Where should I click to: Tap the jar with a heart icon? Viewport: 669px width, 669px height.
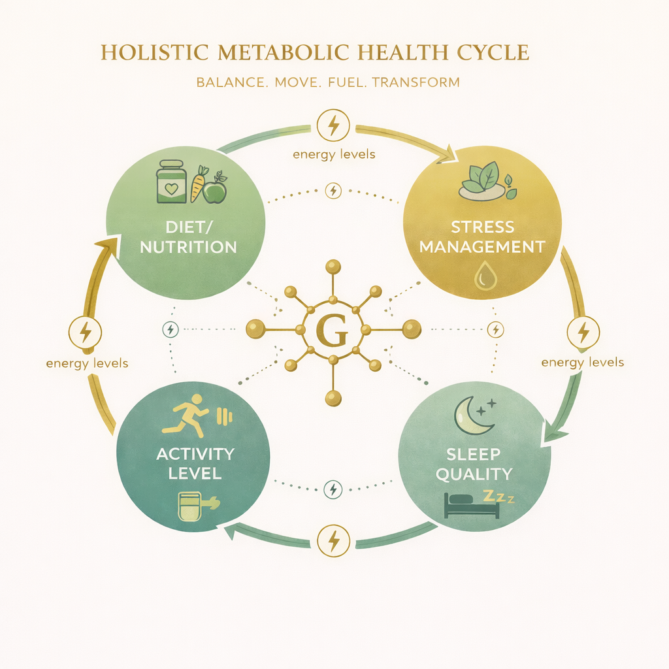pyautogui.click(x=171, y=182)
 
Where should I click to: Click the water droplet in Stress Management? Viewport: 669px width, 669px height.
pyautogui.click(x=485, y=278)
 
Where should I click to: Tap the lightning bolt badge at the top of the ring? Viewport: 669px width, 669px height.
pyautogui.click(x=333, y=125)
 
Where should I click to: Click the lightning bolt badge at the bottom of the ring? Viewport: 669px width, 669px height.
pyautogui.click(x=333, y=540)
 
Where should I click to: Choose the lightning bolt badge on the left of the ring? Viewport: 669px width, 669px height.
pyautogui.click(x=85, y=333)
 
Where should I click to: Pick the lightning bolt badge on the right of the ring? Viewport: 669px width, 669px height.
pyautogui.click(x=583, y=333)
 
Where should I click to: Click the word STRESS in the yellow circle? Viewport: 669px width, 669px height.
pyautogui.click(x=482, y=228)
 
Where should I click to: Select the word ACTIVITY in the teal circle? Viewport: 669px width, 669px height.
pyautogui.click(x=195, y=454)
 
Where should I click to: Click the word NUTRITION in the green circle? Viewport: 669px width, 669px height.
pyautogui.click(x=189, y=248)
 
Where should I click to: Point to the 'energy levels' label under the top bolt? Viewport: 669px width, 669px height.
pyautogui.click(x=333, y=154)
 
